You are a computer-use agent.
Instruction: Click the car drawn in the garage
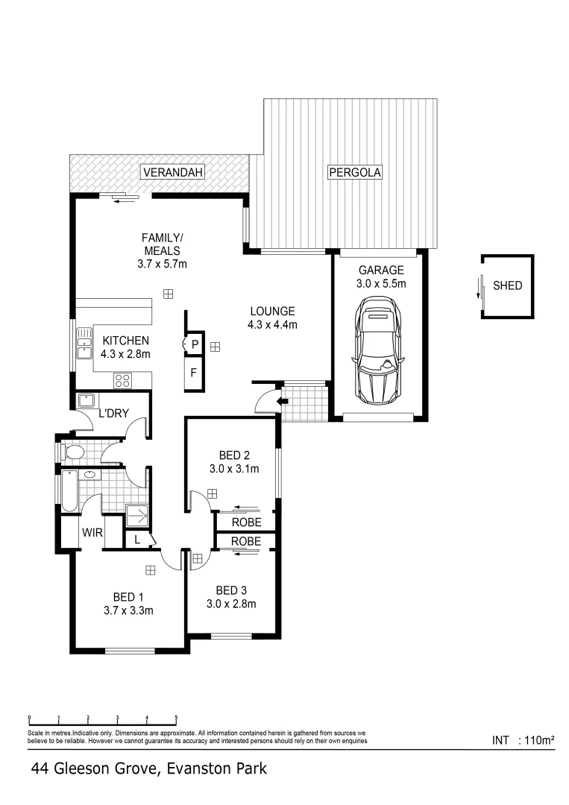[x=380, y=351]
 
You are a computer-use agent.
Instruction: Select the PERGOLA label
[x=355, y=173]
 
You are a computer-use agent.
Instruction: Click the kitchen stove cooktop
[x=122, y=380]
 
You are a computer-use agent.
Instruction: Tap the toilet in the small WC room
[x=73, y=452]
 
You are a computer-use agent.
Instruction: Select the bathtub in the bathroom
[x=69, y=491]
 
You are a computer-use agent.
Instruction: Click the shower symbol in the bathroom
[x=136, y=516]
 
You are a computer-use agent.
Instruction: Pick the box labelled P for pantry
[x=195, y=344]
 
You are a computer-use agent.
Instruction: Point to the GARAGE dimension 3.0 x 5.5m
[x=380, y=283]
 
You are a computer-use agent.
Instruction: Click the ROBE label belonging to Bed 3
[x=245, y=541]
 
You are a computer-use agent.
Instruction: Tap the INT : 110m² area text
[x=524, y=740]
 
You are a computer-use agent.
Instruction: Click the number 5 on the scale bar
[x=177, y=719]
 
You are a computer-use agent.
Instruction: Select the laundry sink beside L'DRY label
[x=86, y=399]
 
